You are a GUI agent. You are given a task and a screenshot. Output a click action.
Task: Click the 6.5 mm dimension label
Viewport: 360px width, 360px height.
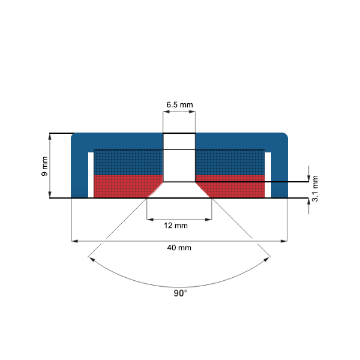tap(179, 104)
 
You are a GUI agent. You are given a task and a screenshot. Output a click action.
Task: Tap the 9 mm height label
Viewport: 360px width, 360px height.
tap(44, 166)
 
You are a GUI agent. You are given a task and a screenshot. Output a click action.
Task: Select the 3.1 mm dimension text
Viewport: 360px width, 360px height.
tap(316, 187)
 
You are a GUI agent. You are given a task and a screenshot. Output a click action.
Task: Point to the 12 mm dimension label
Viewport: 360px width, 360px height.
tap(179, 226)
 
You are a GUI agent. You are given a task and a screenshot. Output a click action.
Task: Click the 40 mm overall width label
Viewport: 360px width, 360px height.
tap(179, 247)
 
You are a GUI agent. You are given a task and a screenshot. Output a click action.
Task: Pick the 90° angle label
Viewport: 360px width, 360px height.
tap(180, 293)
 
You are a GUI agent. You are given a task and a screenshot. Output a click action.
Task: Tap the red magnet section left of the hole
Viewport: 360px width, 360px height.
tap(126, 186)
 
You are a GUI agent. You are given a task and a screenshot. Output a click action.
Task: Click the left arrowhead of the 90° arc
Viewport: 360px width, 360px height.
tap(91, 259)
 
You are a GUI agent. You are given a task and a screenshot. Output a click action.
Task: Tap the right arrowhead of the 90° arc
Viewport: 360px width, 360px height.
tap(268, 259)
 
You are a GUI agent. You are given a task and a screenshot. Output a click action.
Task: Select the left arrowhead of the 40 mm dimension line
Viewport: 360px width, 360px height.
tap(74, 241)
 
